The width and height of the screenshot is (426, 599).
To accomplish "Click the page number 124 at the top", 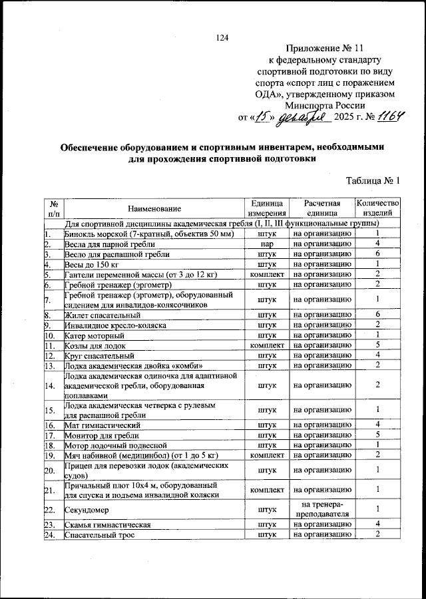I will (x=222, y=37).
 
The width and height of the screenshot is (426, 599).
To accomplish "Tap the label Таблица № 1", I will (x=373, y=180).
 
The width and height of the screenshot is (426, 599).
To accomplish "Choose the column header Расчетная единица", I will (x=322, y=208).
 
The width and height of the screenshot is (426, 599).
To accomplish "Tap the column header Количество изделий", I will (x=377, y=208).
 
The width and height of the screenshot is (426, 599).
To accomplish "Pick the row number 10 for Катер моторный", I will (x=49, y=335).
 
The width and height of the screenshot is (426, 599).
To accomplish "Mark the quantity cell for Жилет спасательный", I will (x=377, y=314).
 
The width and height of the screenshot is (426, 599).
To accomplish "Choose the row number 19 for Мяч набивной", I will (x=49, y=455).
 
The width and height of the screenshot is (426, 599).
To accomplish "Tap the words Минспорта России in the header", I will (x=325, y=105).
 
